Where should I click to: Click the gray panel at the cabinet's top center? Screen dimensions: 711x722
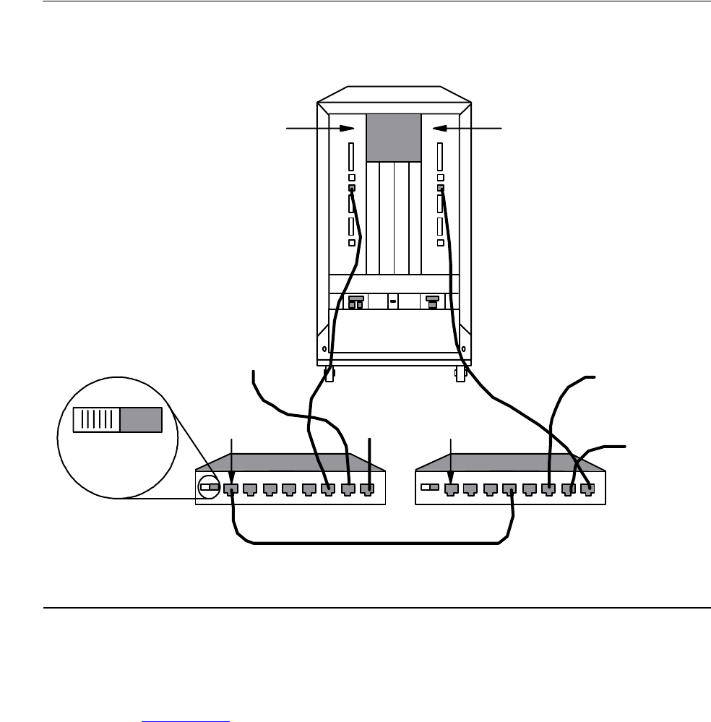click(x=394, y=138)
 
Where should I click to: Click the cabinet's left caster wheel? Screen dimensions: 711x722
click(x=329, y=376)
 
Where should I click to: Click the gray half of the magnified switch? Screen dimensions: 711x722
click(x=141, y=419)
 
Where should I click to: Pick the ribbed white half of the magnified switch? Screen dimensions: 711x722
click(x=96, y=419)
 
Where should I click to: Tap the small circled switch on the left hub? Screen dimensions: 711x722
click(x=210, y=488)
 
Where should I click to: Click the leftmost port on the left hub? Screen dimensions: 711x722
click(x=230, y=489)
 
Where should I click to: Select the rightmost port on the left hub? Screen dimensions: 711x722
click(x=369, y=489)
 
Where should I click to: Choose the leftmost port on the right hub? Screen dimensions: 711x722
click(x=451, y=489)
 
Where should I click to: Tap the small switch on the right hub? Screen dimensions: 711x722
click(x=428, y=488)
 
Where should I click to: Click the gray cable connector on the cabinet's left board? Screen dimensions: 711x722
click(x=352, y=189)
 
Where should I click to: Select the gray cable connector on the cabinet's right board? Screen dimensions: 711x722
click(x=441, y=189)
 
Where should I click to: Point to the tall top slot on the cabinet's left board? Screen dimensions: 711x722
click(x=351, y=155)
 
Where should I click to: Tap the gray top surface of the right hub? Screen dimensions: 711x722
click(x=509, y=462)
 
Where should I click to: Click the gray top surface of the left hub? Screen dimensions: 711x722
click(x=289, y=462)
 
